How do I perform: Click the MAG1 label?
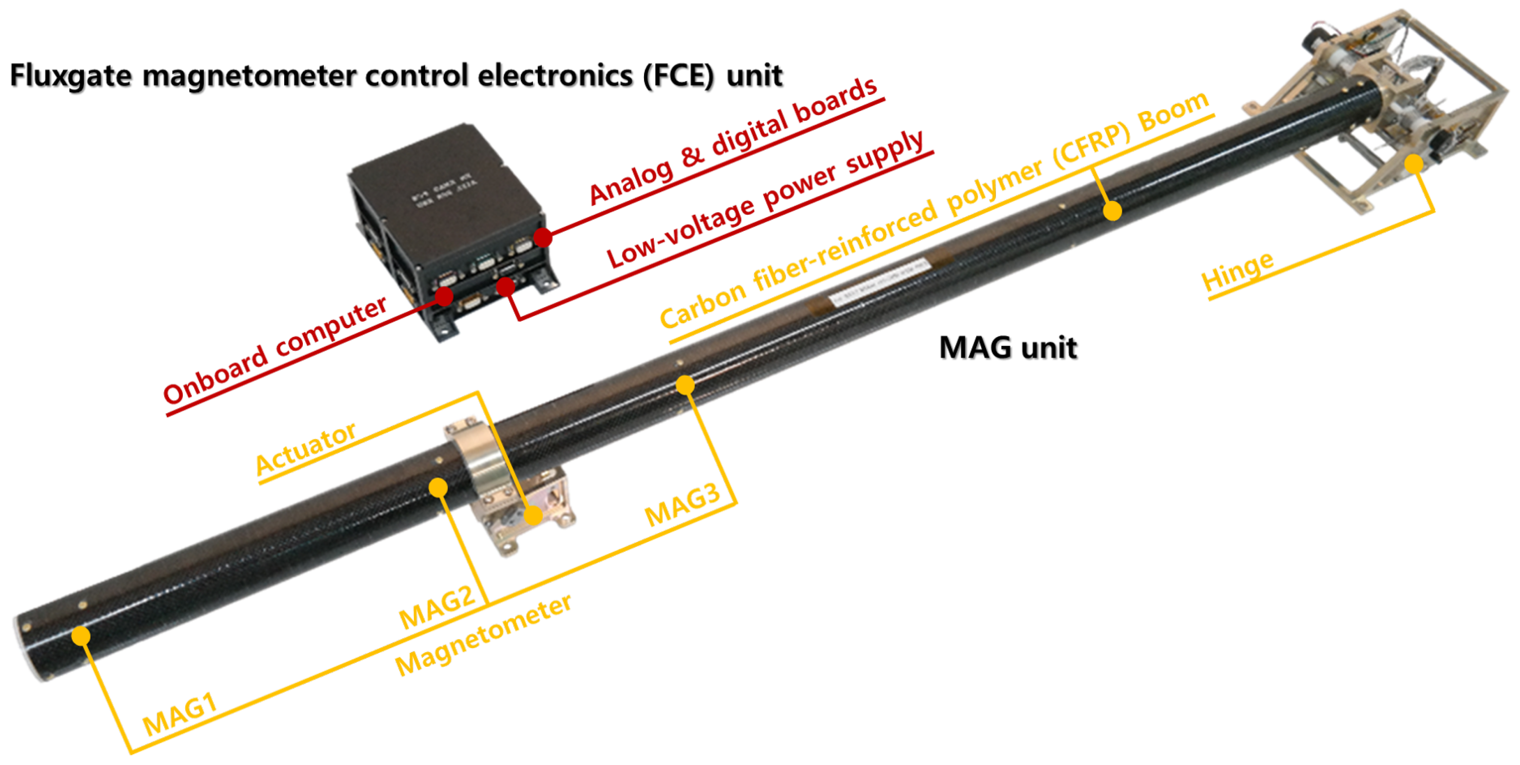(x=180, y=715)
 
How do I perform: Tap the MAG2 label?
(x=437, y=608)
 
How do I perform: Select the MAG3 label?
(x=682, y=505)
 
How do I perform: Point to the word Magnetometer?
(x=483, y=635)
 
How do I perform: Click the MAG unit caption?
(x=1008, y=347)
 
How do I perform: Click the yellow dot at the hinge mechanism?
(x=1414, y=164)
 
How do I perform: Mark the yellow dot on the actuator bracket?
(x=533, y=515)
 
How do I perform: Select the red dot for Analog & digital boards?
(x=543, y=238)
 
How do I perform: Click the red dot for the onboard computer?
(x=444, y=296)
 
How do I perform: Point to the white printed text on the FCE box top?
(x=445, y=190)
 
